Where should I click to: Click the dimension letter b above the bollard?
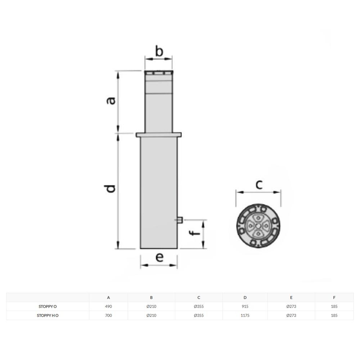click(x=159, y=51)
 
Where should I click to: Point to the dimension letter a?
click(x=111, y=101)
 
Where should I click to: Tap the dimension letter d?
click(x=110, y=189)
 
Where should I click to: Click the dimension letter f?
click(x=195, y=233)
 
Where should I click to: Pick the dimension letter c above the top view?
click(x=259, y=185)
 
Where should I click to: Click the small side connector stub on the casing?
click(x=180, y=220)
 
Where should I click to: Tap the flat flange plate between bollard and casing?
click(x=159, y=135)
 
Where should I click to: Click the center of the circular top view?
click(x=258, y=226)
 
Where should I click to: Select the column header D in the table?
click(x=245, y=298)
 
